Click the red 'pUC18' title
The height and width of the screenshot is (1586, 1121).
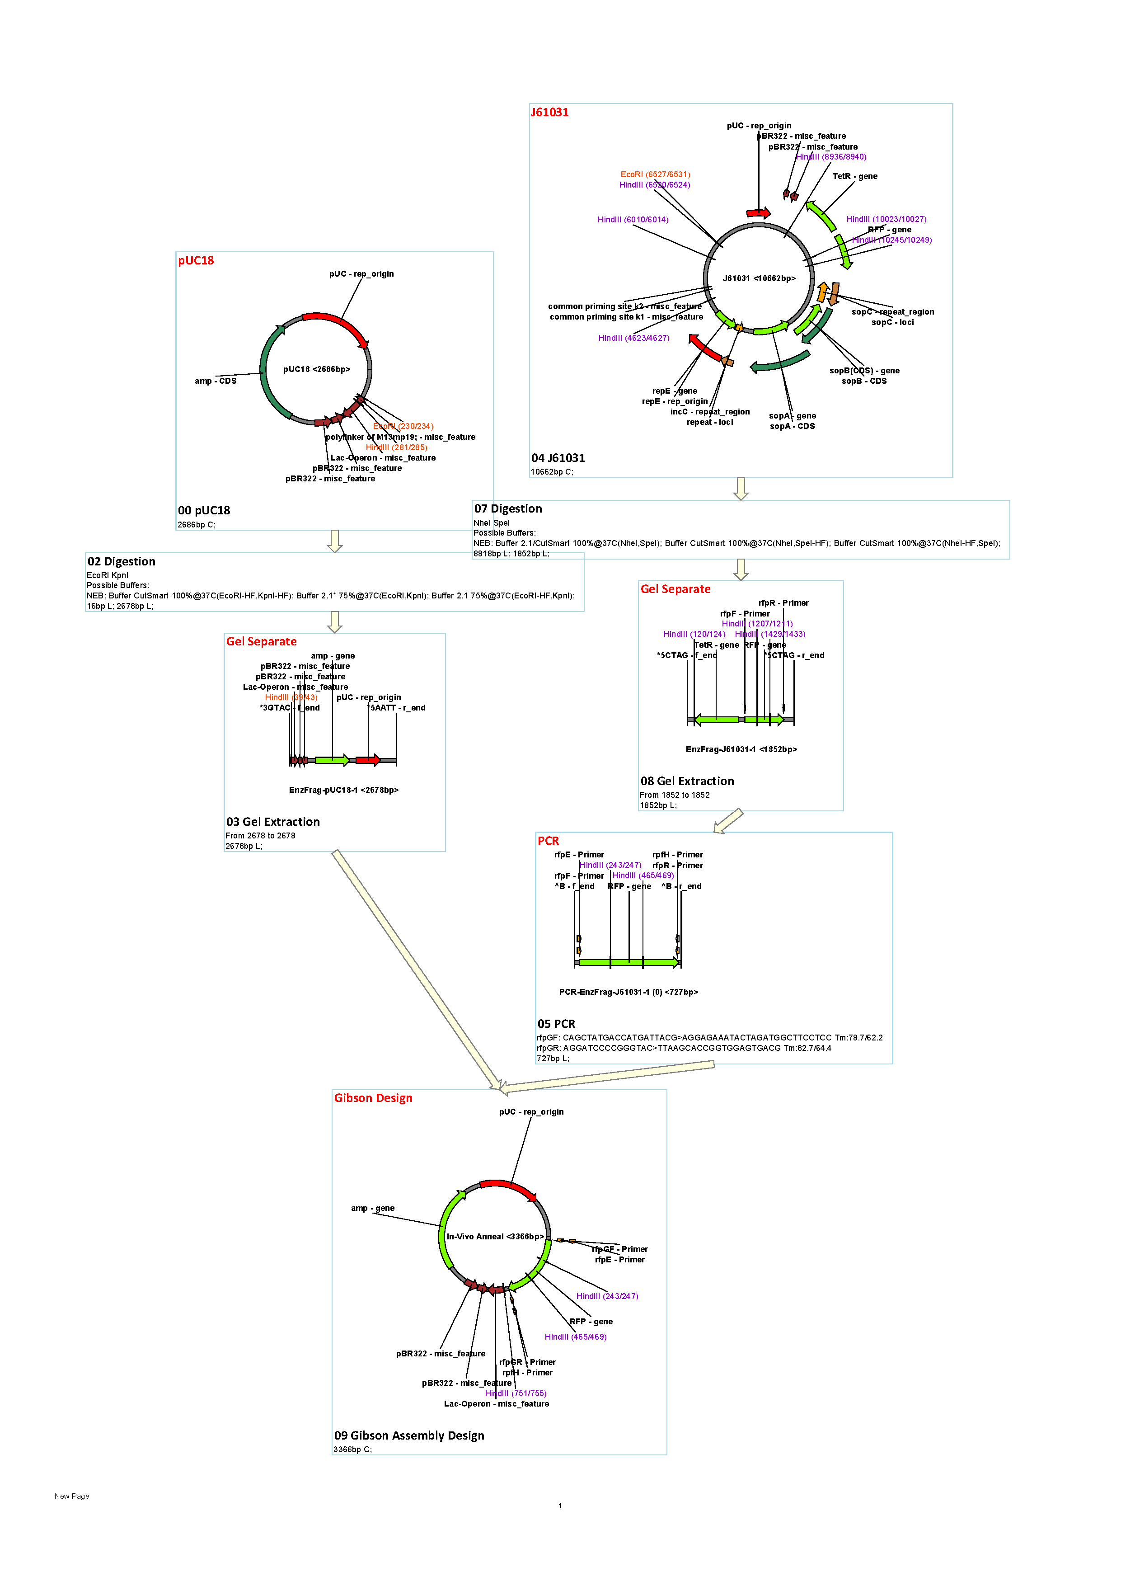pos(196,260)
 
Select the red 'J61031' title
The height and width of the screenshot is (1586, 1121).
pos(550,112)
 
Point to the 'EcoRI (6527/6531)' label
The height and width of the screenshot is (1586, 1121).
pos(655,174)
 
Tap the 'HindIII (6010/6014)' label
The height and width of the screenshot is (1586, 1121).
pos(633,220)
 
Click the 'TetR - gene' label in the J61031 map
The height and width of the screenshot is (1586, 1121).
pos(854,176)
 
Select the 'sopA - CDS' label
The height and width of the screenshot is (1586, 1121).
pos(792,426)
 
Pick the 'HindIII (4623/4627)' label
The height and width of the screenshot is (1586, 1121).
pos(633,338)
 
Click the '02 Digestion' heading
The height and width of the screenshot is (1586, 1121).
pos(122,562)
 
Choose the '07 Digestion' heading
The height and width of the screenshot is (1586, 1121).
pos(508,508)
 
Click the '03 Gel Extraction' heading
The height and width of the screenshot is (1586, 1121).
pos(273,821)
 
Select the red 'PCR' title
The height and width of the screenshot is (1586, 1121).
pos(549,841)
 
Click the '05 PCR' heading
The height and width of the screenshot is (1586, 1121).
pos(556,1024)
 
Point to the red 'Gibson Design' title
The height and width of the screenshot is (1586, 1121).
pos(373,1098)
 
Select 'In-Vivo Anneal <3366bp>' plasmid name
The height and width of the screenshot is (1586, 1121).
pos(495,1237)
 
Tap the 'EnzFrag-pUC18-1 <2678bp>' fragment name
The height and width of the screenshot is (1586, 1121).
pos(343,790)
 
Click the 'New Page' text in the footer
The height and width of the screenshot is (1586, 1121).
pos(72,1496)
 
